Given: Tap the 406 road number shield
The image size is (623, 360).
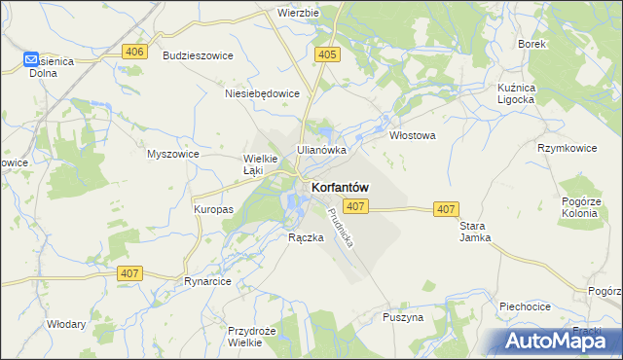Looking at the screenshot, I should click(135, 52).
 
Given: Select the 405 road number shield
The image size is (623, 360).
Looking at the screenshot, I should click(327, 55).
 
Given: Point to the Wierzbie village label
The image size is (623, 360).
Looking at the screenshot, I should click(298, 14).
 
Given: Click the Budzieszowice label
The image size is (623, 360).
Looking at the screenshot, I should click(198, 55).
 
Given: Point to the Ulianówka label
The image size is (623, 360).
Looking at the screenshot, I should click(322, 150).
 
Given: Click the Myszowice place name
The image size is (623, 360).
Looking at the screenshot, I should click(172, 154).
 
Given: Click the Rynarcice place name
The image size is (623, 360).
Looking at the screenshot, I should click(206, 281).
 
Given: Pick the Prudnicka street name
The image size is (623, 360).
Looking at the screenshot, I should click(344, 227).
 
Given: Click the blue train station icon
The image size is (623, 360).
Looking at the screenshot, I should click(31, 60).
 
